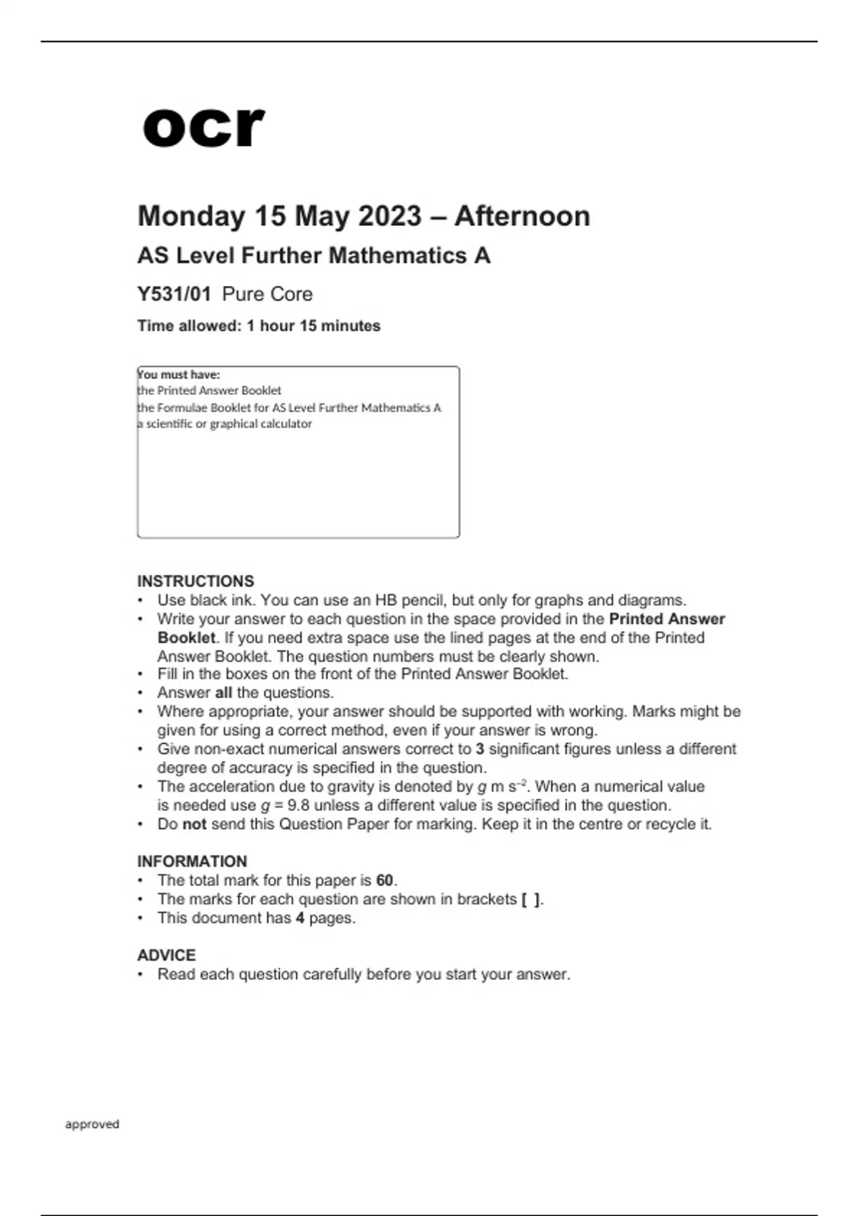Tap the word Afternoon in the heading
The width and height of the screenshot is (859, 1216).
pos(522,216)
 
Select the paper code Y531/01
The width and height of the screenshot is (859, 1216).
pos(174,294)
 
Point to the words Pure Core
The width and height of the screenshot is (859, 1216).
pos(267,294)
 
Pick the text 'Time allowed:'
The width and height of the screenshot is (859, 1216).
pos(189,326)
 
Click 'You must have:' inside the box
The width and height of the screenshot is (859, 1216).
pos(179,374)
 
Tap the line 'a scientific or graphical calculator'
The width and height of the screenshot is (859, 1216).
pos(225,423)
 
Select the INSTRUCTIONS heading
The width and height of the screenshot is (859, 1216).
pos(195,581)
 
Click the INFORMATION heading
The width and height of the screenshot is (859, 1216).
pos(192,861)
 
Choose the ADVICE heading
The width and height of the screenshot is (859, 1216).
pos(166,955)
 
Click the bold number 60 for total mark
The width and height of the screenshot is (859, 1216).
pos(385,881)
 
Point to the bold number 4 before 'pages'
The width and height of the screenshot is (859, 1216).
pos(300,918)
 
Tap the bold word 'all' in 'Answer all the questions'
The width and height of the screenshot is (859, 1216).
pos(223,692)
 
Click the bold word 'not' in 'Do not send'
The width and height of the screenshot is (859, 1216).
pos(194,824)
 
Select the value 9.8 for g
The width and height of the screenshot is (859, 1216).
pos(298,805)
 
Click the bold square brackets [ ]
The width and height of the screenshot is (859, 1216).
pos(531,899)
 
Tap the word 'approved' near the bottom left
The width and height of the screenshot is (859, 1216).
pos(92,1124)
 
